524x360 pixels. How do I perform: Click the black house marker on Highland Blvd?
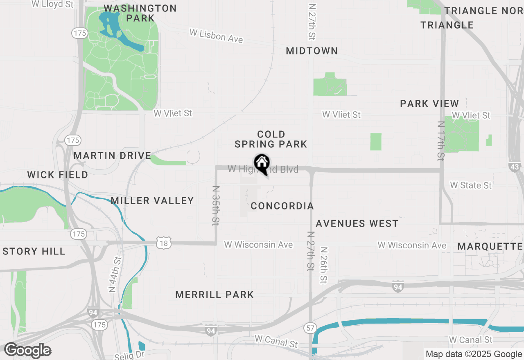pyautogui.click(x=262, y=164)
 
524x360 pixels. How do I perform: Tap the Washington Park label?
pyautogui.click(x=140, y=13)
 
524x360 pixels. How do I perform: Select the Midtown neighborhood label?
pyautogui.click(x=312, y=51)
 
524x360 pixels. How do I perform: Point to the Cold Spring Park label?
pyautogui.click(x=271, y=139)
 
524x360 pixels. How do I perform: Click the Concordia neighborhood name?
pyautogui.click(x=282, y=206)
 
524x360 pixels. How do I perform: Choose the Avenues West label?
pyautogui.click(x=357, y=223)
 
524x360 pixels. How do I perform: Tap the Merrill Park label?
pyautogui.click(x=215, y=295)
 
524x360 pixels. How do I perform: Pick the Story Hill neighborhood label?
pyautogui.click(x=34, y=251)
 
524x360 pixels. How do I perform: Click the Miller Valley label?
pyautogui.click(x=152, y=200)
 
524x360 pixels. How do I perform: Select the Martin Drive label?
pyautogui.click(x=113, y=155)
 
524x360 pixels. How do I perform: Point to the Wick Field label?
pyautogui.click(x=58, y=175)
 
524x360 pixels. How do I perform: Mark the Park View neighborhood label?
pyautogui.click(x=429, y=103)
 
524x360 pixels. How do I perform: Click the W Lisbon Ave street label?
pyautogui.click(x=216, y=36)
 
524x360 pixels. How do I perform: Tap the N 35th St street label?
pyautogui.click(x=216, y=205)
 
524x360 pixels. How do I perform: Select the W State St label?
pyautogui.click(x=471, y=185)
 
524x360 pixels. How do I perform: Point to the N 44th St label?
pyautogui.click(x=115, y=274)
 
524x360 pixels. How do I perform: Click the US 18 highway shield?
pyautogui.click(x=163, y=243)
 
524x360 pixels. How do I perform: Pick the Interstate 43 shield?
pyautogui.click(x=515, y=166)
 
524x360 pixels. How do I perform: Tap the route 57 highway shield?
pyautogui.click(x=309, y=327)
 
